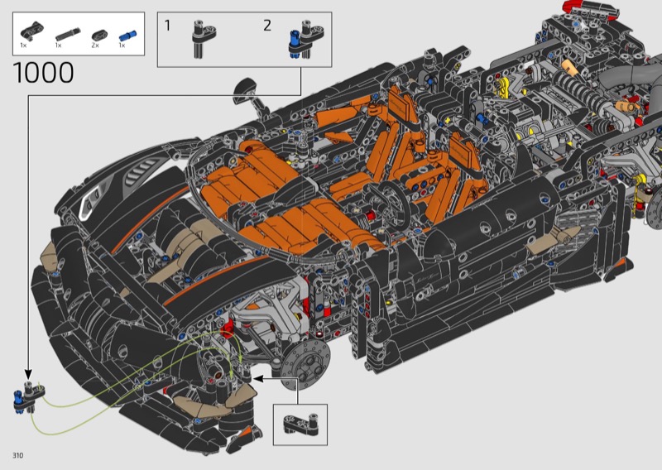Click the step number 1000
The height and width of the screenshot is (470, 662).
(x=44, y=73)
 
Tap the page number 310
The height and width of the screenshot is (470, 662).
(x=17, y=455)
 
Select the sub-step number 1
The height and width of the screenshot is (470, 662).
(x=168, y=26)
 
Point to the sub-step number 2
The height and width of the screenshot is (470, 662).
(x=266, y=26)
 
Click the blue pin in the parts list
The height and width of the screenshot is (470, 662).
(x=127, y=36)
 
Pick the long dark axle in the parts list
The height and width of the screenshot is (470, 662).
(x=68, y=34)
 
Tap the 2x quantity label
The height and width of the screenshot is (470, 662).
(x=95, y=46)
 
